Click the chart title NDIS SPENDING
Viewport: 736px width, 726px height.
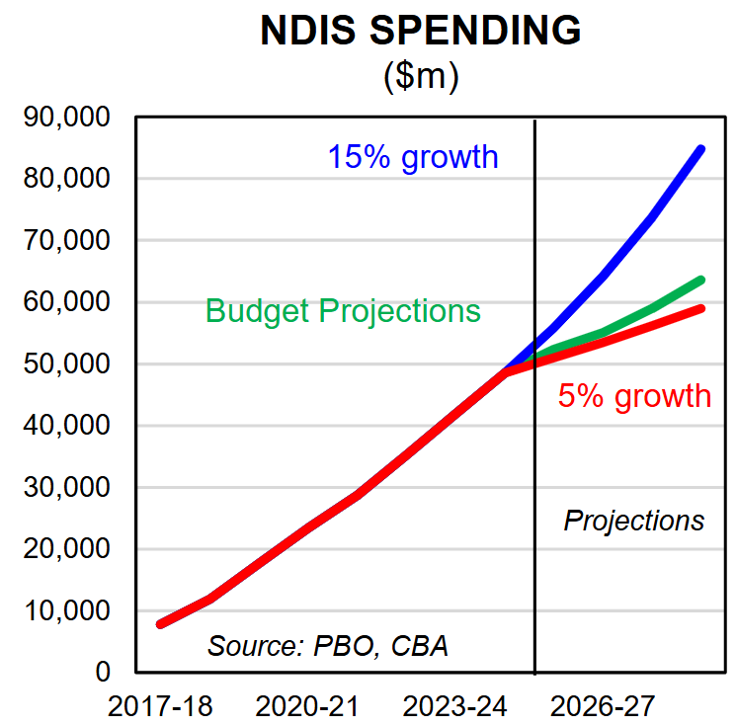point(421,32)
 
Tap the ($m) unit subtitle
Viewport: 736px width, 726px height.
point(421,77)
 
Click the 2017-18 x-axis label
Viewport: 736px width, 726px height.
point(159,706)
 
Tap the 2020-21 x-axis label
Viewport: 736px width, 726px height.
point(307,706)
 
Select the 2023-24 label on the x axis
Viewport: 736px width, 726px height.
point(454,706)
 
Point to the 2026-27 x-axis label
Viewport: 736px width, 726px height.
point(603,706)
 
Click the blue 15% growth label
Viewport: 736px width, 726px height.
point(413,157)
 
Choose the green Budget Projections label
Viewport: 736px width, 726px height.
point(343,311)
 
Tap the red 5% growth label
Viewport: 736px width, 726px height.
point(634,396)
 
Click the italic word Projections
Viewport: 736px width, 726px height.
point(634,521)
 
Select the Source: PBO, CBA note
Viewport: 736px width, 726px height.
point(328,646)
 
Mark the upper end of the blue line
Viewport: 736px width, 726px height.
point(701,149)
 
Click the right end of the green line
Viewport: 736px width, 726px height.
point(701,280)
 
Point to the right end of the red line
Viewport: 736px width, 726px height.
point(701,308)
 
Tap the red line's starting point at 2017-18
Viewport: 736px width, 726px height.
point(160,624)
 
